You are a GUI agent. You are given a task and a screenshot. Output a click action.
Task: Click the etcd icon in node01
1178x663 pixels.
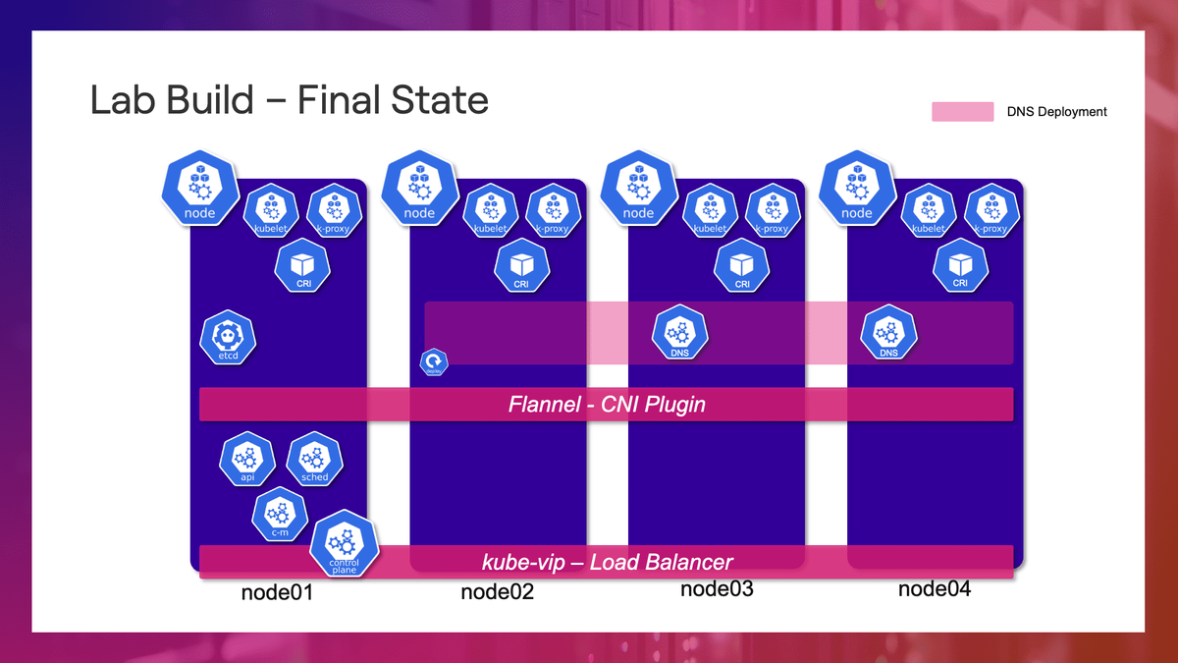coord(228,339)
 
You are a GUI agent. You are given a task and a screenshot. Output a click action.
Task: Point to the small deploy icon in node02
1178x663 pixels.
coord(434,363)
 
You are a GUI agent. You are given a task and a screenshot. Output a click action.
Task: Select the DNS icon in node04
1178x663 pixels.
coord(888,335)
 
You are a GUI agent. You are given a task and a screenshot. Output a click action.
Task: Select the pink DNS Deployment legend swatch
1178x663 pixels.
coord(963,112)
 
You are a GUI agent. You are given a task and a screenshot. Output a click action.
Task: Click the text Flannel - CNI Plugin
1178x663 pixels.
coord(607,405)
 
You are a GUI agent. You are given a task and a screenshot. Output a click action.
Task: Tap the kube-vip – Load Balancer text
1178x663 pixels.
coord(607,562)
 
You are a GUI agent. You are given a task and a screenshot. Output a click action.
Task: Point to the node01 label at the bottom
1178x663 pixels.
coord(277,593)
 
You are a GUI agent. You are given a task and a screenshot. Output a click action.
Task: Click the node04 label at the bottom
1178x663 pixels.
coord(934,589)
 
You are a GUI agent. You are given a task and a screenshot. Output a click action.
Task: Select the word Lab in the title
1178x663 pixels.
coord(123,101)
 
